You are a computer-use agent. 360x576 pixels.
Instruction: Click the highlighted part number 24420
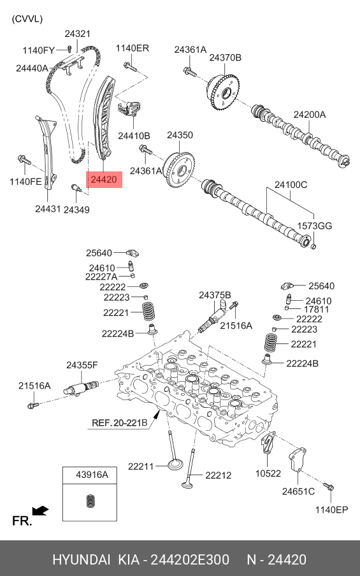tap(104, 180)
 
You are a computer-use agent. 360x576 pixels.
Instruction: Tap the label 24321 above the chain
tap(78, 34)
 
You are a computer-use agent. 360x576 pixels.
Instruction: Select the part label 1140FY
tap(39, 50)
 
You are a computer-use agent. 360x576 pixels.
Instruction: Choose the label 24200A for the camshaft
tap(310, 115)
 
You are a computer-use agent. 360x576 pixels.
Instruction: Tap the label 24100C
tap(291, 184)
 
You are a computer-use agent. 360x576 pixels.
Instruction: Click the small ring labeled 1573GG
tap(313, 245)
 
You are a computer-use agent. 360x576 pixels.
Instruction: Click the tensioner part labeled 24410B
tap(131, 108)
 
